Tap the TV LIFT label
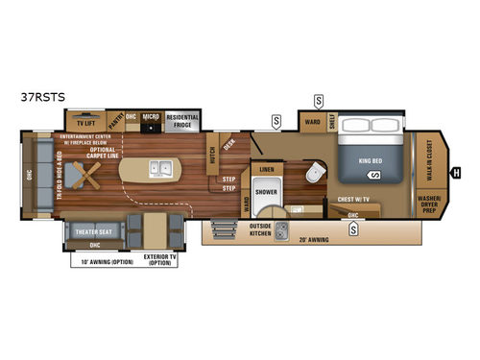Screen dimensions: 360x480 pyautogui.click(x=78, y=123)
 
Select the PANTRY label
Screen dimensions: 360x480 pyautogui.click(x=113, y=122)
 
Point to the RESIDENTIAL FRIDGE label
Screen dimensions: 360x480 pyautogui.click(x=181, y=122)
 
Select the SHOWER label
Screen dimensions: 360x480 pyautogui.click(x=266, y=190)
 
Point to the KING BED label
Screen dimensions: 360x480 pyautogui.click(x=370, y=161)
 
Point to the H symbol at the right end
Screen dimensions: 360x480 pyautogui.click(x=456, y=173)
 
